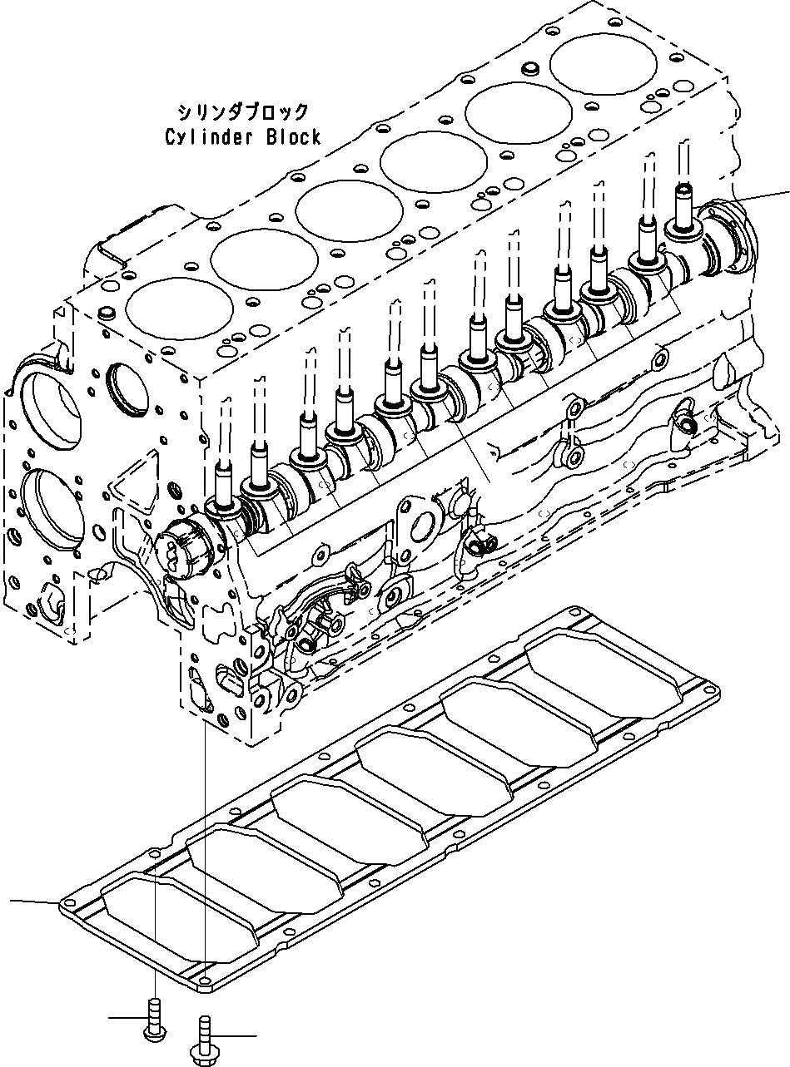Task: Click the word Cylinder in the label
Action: pyautogui.click(x=201, y=137)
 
